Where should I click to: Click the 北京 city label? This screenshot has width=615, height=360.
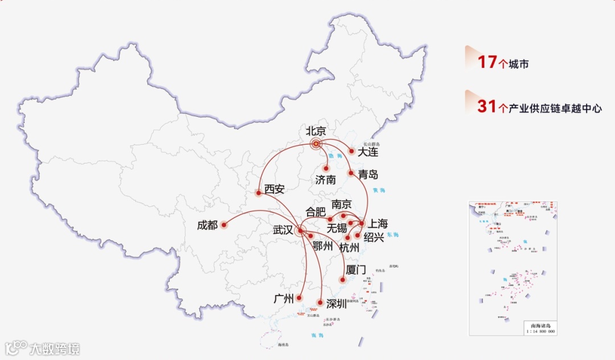316,130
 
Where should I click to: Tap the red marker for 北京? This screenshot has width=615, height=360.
316,144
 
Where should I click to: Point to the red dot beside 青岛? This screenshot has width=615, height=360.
351,172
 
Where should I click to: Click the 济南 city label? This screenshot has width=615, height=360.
326,180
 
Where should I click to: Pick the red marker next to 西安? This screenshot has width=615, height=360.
259,193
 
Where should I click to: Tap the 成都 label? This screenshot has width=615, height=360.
207,225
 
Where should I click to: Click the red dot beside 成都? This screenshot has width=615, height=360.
224,225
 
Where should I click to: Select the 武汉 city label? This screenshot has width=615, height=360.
283,230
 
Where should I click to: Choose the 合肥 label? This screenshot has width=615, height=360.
317,211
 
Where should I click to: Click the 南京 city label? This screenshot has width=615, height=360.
341,204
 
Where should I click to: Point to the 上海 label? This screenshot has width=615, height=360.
378,224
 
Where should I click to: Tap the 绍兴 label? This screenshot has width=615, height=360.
374,236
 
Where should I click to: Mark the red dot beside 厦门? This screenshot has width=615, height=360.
342,280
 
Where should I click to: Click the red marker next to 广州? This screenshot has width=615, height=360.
300,298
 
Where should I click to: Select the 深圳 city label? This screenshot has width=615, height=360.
336,304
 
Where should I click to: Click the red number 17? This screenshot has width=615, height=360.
487,62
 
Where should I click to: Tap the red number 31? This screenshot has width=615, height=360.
487,106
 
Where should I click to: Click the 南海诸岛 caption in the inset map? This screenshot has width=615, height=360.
540,326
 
